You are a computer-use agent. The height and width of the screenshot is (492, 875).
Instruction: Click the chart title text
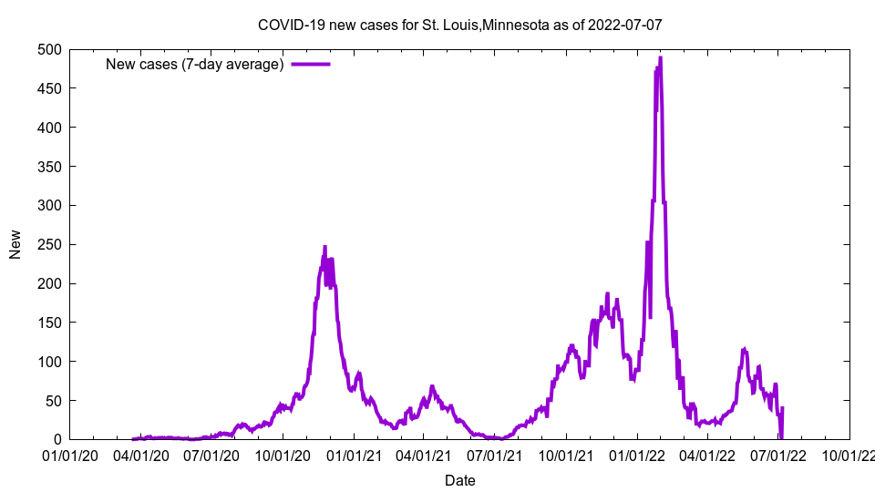[x=459, y=25]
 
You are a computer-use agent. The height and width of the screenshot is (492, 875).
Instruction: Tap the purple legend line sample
[x=310, y=64]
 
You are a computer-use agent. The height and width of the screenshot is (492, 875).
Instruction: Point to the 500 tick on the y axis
[x=50, y=49]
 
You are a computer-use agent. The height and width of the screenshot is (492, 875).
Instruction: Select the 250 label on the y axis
[x=50, y=244]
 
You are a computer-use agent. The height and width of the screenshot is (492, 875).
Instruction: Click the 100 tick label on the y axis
[x=50, y=362]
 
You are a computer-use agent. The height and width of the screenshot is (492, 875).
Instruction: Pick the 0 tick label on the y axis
[x=57, y=440]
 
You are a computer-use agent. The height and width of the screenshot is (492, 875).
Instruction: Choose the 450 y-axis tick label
[x=50, y=88]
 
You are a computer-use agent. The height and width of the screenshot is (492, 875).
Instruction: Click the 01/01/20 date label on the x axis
[x=70, y=456]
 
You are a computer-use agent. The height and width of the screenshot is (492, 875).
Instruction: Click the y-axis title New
[x=15, y=244]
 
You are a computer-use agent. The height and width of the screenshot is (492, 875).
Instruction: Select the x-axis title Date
[x=459, y=480]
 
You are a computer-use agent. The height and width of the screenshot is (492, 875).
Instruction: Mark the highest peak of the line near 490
[x=660, y=58]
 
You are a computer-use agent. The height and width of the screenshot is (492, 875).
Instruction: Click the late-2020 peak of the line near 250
[x=324, y=247]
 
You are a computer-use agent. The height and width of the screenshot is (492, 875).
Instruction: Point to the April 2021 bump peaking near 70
[x=432, y=386]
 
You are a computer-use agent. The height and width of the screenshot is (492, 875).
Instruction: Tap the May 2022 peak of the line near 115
[x=745, y=350]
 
